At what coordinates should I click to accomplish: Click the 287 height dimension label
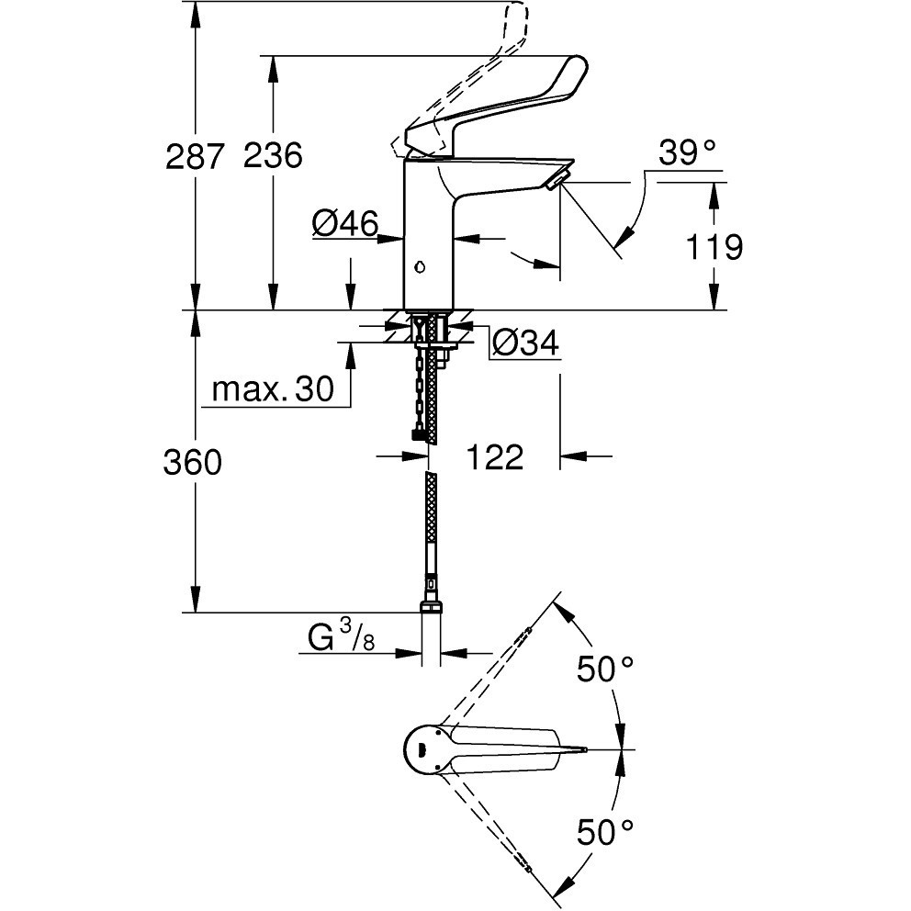click(195, 156)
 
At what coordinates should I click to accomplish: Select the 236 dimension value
click(273, 156)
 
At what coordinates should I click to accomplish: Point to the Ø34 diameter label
click(525, 343)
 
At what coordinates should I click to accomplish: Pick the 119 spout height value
click(714, 247)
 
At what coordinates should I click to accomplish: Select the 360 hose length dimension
click(193, 463)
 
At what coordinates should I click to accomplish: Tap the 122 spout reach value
click(495, 456)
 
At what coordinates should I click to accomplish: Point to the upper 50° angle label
click(605, 669)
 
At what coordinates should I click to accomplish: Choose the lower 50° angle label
click(605, 832)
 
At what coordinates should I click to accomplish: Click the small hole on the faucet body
click(419, 267)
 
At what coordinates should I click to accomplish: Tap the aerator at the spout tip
click(556, 179)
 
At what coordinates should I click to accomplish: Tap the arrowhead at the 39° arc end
click(623, 236)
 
